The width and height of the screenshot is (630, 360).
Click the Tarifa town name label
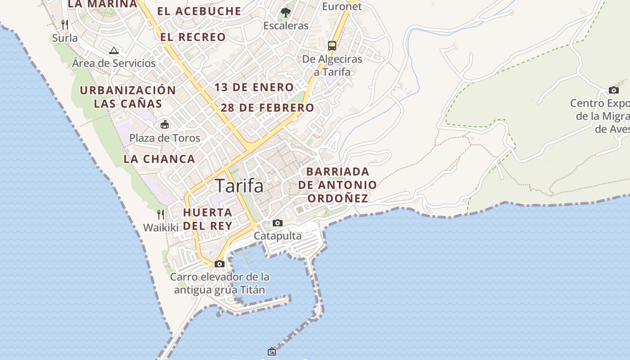239,185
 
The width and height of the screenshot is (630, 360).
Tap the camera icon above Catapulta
278,223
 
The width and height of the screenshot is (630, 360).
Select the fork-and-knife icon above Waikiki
161,214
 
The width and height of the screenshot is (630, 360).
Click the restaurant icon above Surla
65,24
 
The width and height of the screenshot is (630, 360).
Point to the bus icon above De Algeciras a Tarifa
332,45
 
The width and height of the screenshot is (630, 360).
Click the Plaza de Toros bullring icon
165,124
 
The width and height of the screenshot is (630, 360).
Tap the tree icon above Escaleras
286,12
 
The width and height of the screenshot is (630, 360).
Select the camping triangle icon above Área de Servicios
114,50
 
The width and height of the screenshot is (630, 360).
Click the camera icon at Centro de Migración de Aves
613,90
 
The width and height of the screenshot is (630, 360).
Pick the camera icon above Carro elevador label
220,264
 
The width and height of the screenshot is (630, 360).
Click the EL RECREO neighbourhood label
193,37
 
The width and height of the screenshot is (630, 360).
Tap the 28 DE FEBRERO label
267,108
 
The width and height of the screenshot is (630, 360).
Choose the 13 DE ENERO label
254,87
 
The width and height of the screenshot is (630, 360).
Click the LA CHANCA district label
159,159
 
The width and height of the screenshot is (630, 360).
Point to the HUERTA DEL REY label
208,219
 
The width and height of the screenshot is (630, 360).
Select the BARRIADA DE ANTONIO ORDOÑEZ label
337,185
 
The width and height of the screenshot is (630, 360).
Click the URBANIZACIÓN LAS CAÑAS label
128,97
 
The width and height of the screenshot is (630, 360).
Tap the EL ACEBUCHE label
199,11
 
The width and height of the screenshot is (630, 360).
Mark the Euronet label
342,6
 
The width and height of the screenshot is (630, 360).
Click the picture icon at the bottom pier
271,351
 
